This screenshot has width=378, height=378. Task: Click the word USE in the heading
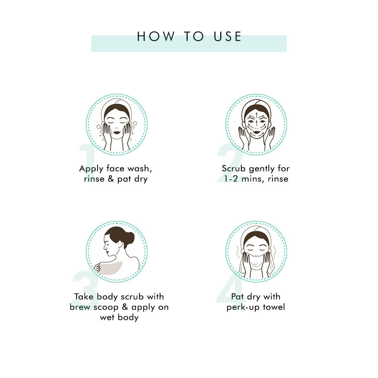(x=227, y=37)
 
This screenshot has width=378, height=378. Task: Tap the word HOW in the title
(x=155, y=37)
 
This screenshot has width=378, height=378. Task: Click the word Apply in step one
(x=91, y=169)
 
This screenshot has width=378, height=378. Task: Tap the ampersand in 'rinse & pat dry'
(x=111, y=179)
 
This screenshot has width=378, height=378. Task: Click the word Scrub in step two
(x=234, y=168)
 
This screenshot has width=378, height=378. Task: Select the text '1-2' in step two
(x=231, y=179)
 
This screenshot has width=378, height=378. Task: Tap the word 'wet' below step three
(x=107, y=318)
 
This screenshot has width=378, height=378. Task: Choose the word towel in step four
(x=274, y=307)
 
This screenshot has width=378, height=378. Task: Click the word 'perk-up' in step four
(x=243, y=307)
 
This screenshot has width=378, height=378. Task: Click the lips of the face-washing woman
(x=117, y=132)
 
